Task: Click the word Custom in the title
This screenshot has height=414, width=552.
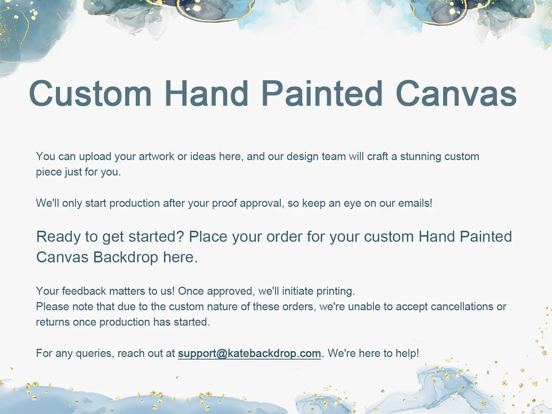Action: pyautogui.click(x=90, y=93)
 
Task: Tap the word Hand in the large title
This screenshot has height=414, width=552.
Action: pyautogui.click(x=206, y=93)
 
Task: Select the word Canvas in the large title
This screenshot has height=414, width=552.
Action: pyautogui.click(x=456, y=93)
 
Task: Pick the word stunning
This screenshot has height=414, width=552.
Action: pyautogui.click(x=421, y=157)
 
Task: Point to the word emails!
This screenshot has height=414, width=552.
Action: pyautogui.click(x=415, y=203)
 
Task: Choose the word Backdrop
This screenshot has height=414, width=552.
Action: pyautogui.click(x=126, y=257)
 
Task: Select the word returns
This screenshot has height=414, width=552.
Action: pyautogui.click(x=53, y=322)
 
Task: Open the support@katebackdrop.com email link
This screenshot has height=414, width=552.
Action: pyautogui.click(x=250, y=354)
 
